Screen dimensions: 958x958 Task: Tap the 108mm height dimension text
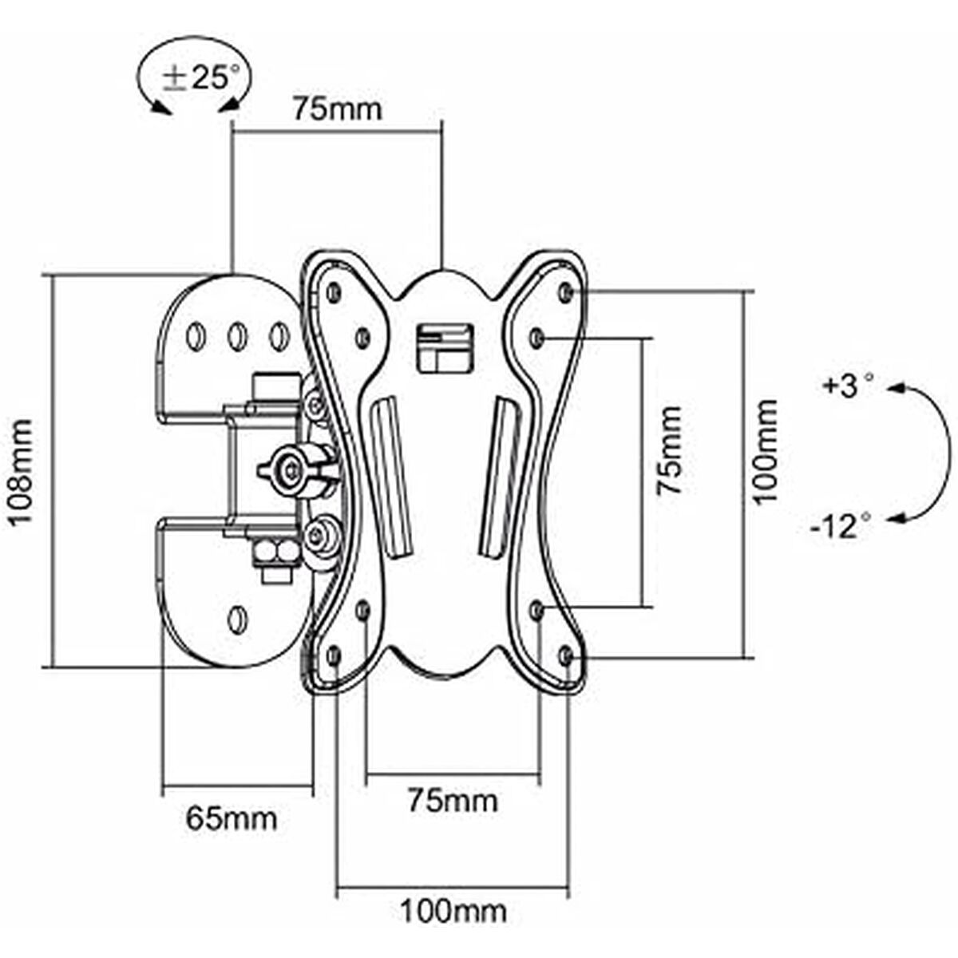[x=22, y=471]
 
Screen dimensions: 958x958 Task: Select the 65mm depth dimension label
[x=232, y=817]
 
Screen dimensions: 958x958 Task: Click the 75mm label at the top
[x=336, y=108]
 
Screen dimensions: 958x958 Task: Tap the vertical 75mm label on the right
[x=670, y=451]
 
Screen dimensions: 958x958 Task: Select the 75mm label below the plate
[x=452, y=799]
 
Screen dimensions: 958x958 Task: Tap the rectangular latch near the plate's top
[x=444, y=346]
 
